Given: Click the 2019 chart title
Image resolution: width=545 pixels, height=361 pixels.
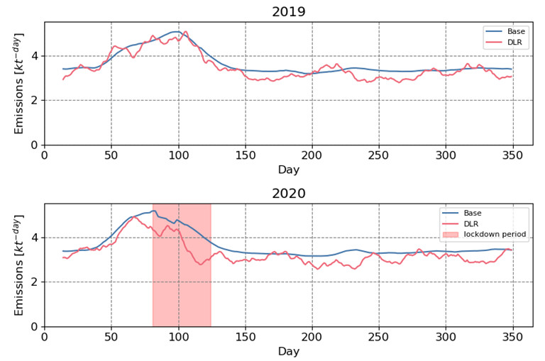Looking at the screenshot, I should [x=289, y=12].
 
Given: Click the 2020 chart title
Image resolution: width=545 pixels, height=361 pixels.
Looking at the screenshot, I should [x=289, y=194].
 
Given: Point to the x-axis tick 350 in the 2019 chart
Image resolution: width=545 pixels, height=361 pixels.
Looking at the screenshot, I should [x=512, y=155].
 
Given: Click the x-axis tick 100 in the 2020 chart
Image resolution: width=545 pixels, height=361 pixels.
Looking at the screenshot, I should [x=178, y=337].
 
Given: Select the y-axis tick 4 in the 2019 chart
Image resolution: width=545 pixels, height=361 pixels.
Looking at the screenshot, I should [x=35, y=56].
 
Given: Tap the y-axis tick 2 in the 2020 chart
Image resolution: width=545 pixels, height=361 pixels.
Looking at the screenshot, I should [x=35, y=282].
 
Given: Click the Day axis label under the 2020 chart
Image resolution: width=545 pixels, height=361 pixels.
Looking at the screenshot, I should [x=289, y=351].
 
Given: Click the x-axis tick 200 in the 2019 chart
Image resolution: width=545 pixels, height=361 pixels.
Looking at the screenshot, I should [x=312, y=155].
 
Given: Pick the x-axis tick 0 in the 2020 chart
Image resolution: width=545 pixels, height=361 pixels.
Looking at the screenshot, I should [x=45, y=337].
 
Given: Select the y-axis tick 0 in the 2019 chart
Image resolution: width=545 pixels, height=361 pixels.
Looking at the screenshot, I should [x=35, y=145].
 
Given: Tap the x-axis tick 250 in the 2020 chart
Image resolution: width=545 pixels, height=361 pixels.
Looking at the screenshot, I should [x=379, y=337].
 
